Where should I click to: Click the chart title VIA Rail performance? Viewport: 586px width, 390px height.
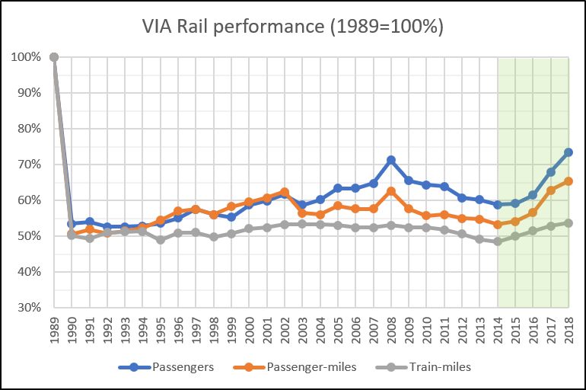click(293, 26)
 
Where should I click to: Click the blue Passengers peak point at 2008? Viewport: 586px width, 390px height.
click(391, 160)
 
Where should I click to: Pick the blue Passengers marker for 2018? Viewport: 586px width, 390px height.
click(568, 152)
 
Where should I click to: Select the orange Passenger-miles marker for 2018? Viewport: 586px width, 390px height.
click(568, 181)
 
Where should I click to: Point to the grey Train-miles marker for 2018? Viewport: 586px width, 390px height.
click(568, 223)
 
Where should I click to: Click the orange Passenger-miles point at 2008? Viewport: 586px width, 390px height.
click(391, 190)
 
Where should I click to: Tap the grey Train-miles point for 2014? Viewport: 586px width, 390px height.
click(498, 241)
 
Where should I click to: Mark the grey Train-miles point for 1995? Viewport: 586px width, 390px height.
click(160, 240)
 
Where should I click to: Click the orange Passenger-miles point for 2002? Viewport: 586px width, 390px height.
click(285, 192)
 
